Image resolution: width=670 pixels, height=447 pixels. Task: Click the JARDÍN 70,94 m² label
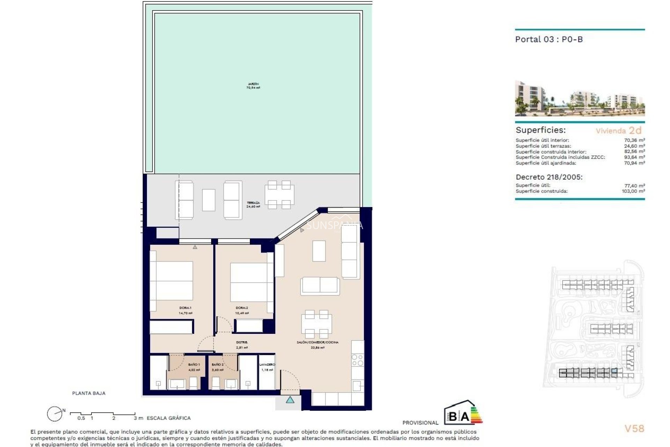[253, 86]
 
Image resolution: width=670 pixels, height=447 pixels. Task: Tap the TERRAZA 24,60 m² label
[253, 205]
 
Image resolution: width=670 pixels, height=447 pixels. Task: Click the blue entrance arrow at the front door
[290, 400]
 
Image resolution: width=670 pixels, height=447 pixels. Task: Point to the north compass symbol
[55, 414]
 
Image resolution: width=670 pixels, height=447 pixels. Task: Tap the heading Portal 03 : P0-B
[549, 39]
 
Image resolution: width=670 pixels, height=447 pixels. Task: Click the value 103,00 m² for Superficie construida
[633, 191]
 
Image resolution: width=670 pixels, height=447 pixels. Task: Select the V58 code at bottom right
[634, 428]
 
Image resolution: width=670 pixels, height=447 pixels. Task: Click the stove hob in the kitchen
[358, 360]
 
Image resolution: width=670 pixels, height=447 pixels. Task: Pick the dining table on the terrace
[279, 195]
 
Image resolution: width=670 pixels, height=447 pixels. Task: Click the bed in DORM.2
[249, 282]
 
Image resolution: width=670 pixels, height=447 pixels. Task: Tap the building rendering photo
[580, 98]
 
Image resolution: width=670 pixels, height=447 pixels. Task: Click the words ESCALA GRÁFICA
[169, 418]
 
